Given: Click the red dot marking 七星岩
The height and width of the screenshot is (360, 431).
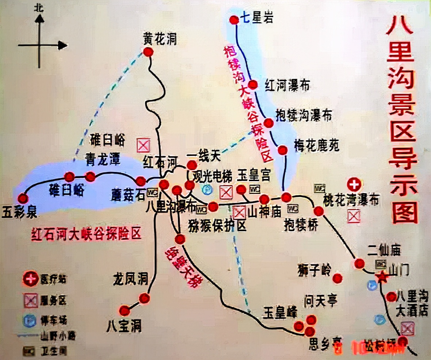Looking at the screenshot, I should [x=234, y=20].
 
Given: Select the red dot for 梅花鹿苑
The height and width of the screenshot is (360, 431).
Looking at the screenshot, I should [x=282, y=150].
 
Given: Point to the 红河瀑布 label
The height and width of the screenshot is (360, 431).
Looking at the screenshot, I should [x=287, y=86].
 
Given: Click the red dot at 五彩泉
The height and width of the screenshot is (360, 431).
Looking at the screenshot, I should [x=23, y=198].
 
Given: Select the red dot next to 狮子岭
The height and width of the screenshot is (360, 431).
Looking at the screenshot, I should [x=337, y=278].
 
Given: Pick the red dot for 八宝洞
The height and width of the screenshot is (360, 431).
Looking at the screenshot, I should [x=125, y=311].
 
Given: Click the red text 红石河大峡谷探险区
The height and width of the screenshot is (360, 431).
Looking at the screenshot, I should [x=86, y=233].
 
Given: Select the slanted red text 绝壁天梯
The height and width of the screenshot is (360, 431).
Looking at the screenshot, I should [x=183, y=267].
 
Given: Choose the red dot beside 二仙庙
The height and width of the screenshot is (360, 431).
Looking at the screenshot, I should [x=359, y=264].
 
